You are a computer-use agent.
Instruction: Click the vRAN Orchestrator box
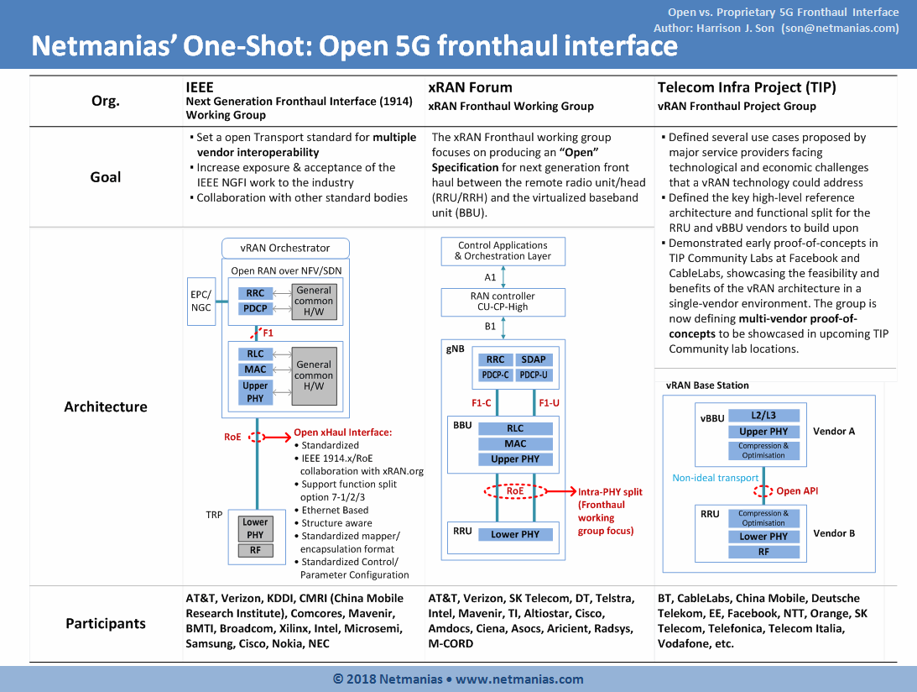tap(285, 249)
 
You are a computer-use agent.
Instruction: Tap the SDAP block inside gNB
tap(534, 359)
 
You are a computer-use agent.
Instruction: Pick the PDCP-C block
tap(495, 375)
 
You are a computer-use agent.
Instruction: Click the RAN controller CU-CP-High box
tap(503, 301)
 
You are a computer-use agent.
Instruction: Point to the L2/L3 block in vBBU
tap(763, 415)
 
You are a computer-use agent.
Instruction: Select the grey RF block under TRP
tap(256, 550)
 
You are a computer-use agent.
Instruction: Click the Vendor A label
tap(834, 432)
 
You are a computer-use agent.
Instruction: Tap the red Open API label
tap(797, 490)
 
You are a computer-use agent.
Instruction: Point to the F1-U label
tap(550, 403)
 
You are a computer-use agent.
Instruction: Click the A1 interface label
tap(490, 277)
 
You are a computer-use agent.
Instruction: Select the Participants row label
tap(105, 623)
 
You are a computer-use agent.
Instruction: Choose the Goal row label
tap(105, 177)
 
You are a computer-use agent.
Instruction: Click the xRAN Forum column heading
tap(470, 87)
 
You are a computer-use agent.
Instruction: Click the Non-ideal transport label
tap(716, 478)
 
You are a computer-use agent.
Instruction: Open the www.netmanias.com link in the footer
tap(519, 679)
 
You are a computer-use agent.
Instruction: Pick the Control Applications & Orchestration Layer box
tap(503, 251)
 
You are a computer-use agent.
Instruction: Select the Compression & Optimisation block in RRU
tap(763, 518)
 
